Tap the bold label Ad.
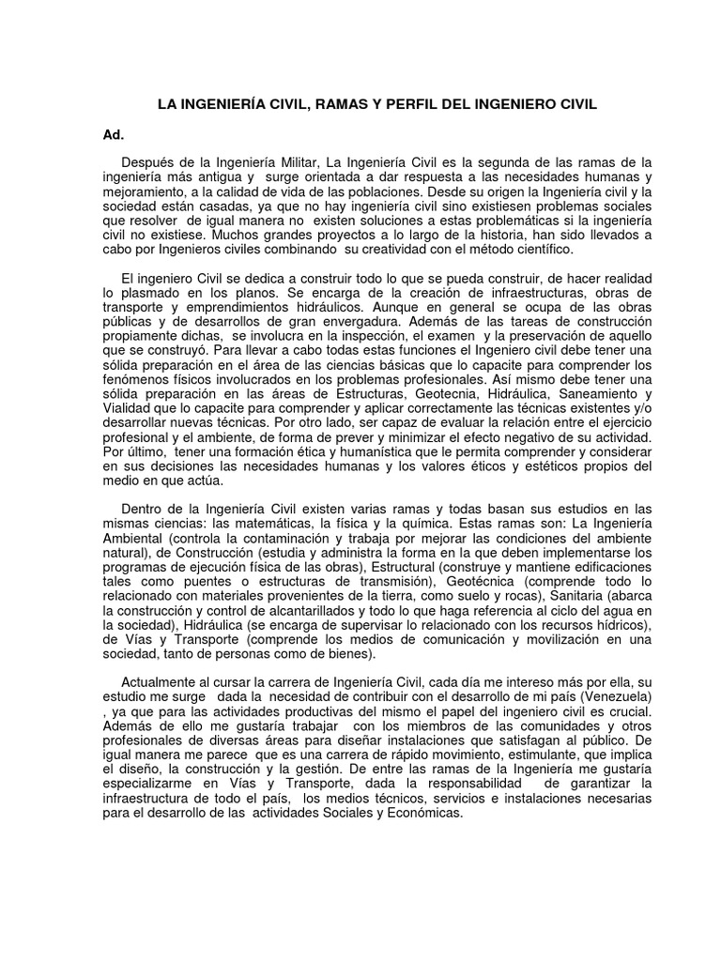pyautogui.click(x=113, y=135)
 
